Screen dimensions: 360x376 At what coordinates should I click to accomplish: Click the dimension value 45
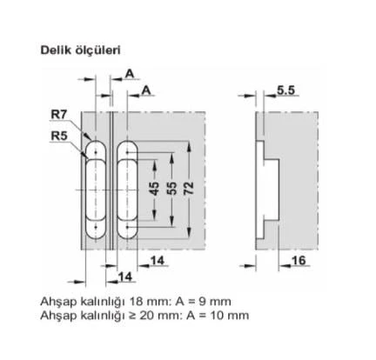click(x=154, y=189)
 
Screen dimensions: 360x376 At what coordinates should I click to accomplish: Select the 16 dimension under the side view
click(x=299, y=261)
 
